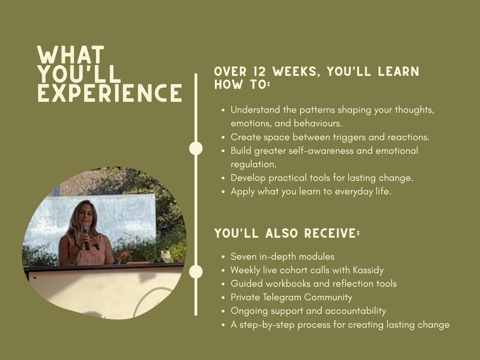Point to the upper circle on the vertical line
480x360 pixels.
196,148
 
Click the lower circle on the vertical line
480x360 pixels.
196,271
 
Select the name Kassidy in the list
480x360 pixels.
368,270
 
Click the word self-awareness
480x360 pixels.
321,151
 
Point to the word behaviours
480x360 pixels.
318,123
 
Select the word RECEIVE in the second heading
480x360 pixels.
332,233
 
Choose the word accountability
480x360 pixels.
356,311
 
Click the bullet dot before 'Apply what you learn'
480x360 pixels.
223,192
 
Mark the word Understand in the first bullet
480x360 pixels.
255,110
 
